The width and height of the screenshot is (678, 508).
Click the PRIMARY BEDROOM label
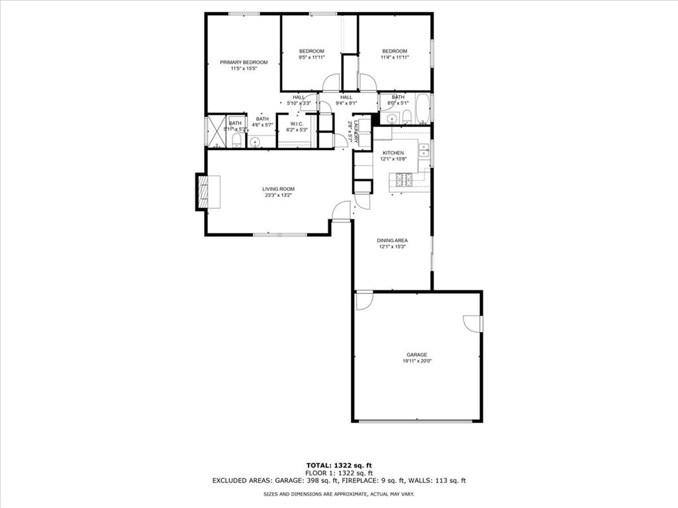(244, 62)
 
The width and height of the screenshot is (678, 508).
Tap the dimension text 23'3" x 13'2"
(277, 195)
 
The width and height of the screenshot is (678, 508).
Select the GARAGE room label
(417, 355)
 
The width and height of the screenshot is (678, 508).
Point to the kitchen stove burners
(405, 178)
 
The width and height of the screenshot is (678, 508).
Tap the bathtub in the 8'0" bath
(422, 109)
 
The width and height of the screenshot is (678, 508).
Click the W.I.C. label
(296, 123)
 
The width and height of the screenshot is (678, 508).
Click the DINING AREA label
(392, 240)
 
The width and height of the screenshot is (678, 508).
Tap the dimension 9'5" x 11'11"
(311, 58)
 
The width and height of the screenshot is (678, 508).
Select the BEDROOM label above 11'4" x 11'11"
(394, 51)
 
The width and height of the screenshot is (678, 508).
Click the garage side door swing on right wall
(473, 323)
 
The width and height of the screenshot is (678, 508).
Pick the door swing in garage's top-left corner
(363, 301)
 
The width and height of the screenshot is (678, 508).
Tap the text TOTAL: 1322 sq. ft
(338, 464)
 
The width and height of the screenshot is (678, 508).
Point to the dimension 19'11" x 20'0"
(417, 361)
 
